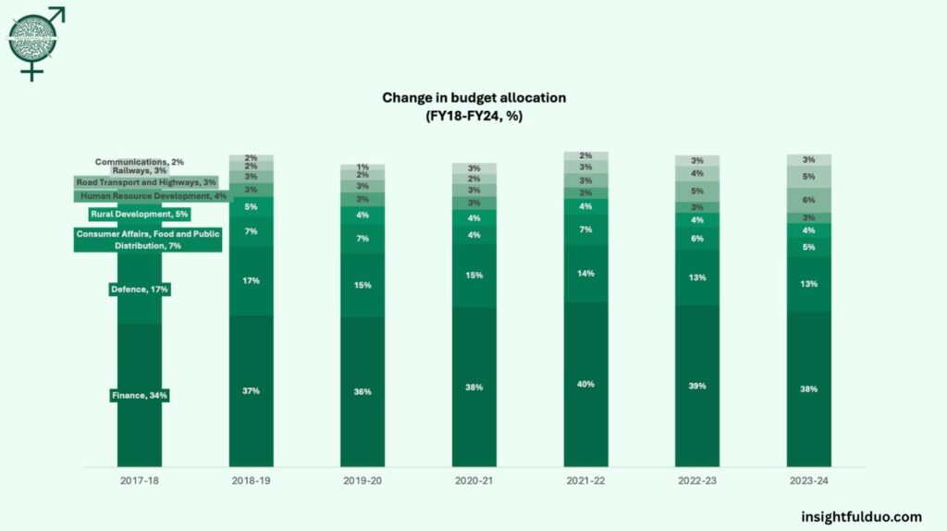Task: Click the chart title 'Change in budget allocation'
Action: coord(473,97)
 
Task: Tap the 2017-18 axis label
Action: coord(139,481)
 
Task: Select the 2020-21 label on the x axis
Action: coord(473,481)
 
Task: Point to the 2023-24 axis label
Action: coord(808,481)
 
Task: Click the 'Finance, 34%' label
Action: coord(140,396)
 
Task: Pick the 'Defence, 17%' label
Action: coord(140,290)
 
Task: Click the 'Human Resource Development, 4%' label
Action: coord(153,196)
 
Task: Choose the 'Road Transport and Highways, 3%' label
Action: coord(145,183)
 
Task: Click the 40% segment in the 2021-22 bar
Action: coord(585,384)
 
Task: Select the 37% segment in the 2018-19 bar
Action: coord(251,390)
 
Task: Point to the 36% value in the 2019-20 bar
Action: coord(363,391)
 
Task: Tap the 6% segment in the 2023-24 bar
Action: coord(808,200)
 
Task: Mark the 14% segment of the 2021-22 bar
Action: coord(585,274)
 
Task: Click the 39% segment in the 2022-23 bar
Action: coord(696,385)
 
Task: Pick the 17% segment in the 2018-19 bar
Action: coord(251,280)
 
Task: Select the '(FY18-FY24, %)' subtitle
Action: coord(473,115)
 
